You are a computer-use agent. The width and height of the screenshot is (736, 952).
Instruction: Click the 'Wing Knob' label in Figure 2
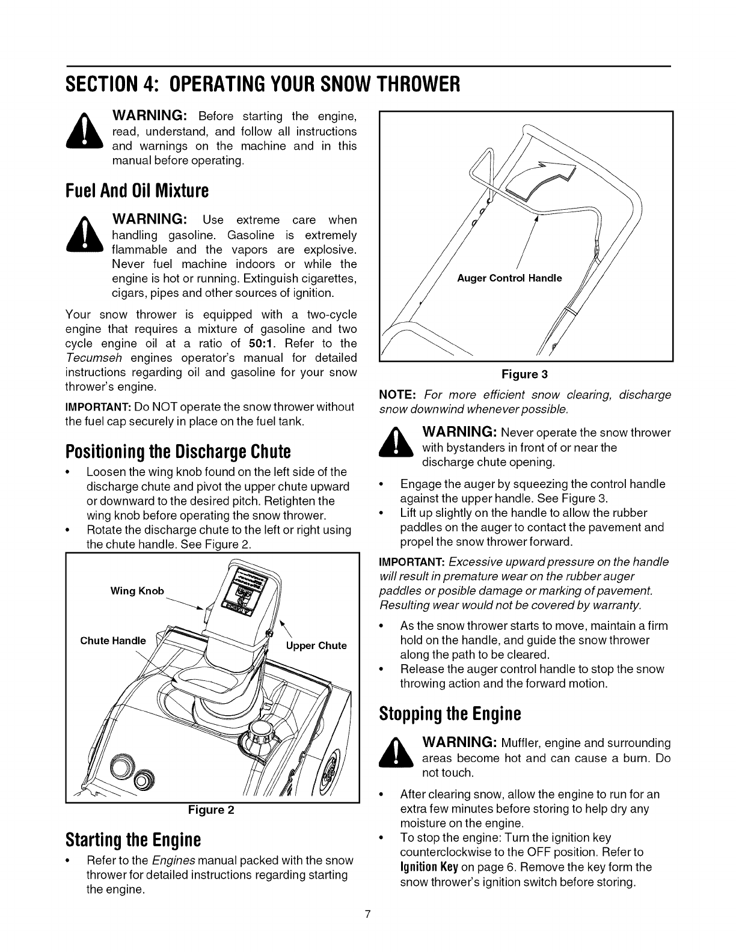point(137,591)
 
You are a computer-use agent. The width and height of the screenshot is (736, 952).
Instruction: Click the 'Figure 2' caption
point(210,810)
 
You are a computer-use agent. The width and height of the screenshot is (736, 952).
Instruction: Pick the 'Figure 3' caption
point(525,374)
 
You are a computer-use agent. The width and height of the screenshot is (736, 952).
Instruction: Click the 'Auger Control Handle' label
point(509,278)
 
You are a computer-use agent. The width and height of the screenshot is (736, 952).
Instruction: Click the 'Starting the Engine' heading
point(132,838)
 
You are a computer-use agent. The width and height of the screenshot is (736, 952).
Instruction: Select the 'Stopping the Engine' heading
point(450,714)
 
